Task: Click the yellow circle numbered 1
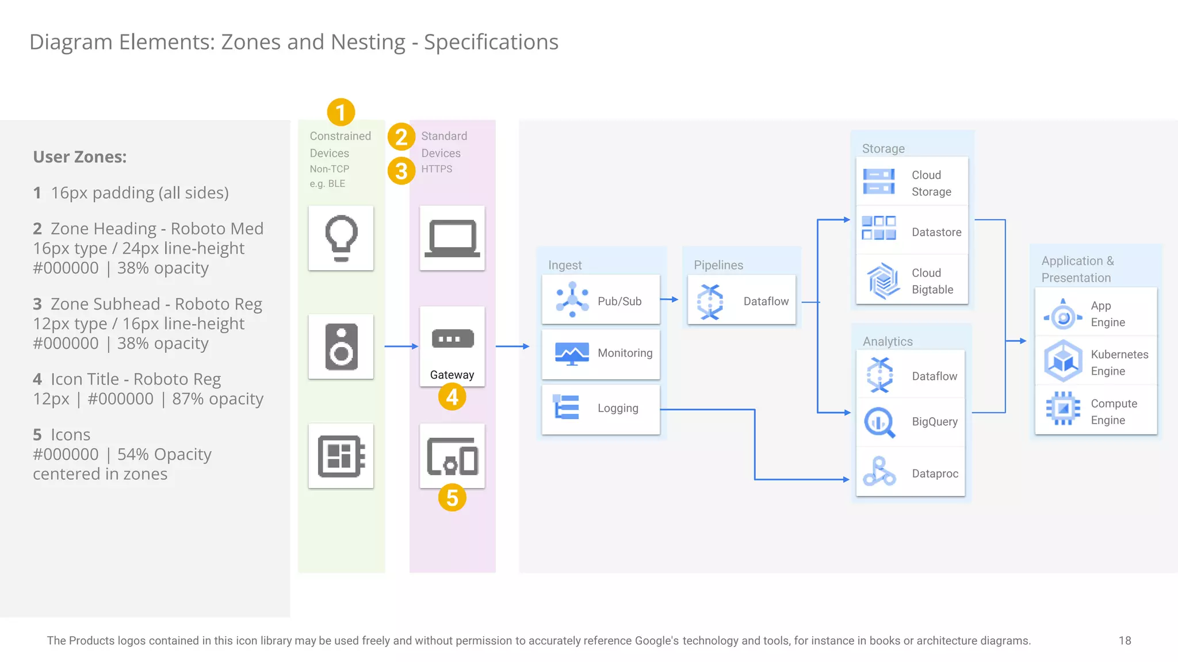coord(341,112)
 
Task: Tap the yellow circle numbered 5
coord(452,498)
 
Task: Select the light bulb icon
coord(341,238)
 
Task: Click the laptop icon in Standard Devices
coord(452,238)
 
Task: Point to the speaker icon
coord(341,347)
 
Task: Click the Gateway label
coord(452,375)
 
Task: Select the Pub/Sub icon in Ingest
coord(572,300)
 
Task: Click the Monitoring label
coord(625,353)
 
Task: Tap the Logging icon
coord(567,407)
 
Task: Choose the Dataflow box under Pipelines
coord(741,301)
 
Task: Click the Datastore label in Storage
coord(936,232)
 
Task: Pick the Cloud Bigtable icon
coord(883,281)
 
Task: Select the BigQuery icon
coord(879,422)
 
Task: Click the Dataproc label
coord(935,474)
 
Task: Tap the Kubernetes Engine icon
coord(1063,361)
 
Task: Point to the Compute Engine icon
coord(1063,409)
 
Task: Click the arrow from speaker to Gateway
coord(401,346)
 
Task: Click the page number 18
coord(1125,640)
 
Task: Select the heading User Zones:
coord(80,157)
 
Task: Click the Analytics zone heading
coord(888,341)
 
